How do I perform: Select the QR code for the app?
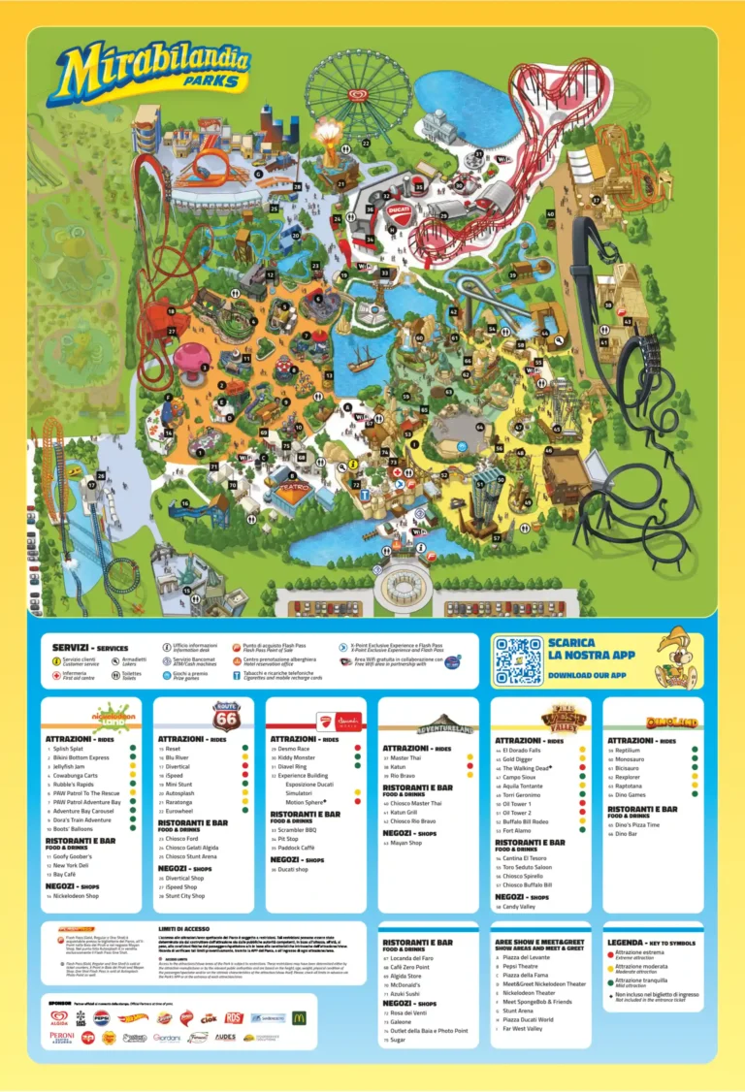(518, 661)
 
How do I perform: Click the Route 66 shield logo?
(226, 717)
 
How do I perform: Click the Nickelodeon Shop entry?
(76, 896)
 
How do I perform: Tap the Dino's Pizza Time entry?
(639, 824)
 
